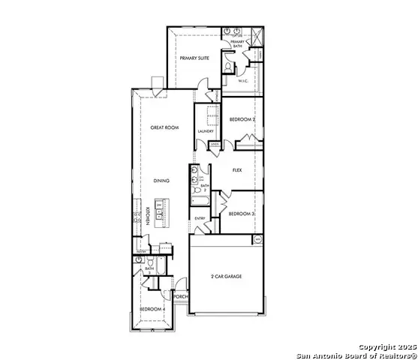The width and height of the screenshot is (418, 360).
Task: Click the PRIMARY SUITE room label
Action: pyautogui.click(x=193, y=57)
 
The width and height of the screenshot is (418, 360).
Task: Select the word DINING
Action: pyautogui.click(x=161, y=181)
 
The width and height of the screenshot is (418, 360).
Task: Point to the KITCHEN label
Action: pyautogui.click(x=148, y=216)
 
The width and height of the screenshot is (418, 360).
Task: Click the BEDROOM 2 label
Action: pyautogui.click(x=242, y=120)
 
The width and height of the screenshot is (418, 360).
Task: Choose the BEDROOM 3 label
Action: pyautogui.click(x=242, y=214)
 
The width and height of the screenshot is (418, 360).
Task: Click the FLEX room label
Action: pyautogui.click(x=237, y=170)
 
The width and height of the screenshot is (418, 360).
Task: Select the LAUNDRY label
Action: pyautogui.click(x=206, y=132)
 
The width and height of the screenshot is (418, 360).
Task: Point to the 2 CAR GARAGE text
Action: pyautogui.click(x=227, y=276)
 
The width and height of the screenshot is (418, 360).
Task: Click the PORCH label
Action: pyautogui.click(x=180, y=296)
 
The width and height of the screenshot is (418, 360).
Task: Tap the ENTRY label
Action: pyautogui.click(x=200, y=218)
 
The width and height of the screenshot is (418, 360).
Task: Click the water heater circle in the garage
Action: pyautogui.click(x=258, y=239)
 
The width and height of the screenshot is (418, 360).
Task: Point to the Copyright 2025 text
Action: pyautogui.click(x=382, y=347)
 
